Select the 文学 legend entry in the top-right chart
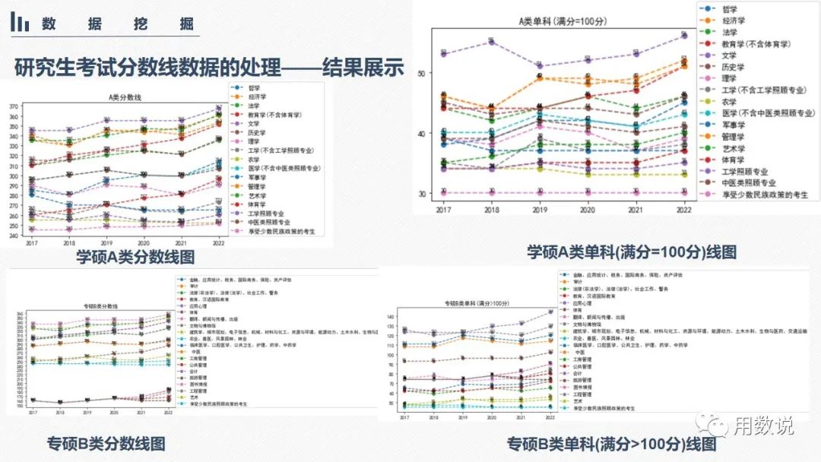click(x=730, y=55)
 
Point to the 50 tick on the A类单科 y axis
click(x=423, y=73)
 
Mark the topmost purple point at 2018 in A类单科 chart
click(x=492, y=42)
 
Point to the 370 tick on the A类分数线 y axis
click(x=15, y=107)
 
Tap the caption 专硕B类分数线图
click(x=106, y=443)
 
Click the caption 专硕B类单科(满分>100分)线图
click(x=612, y=443)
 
